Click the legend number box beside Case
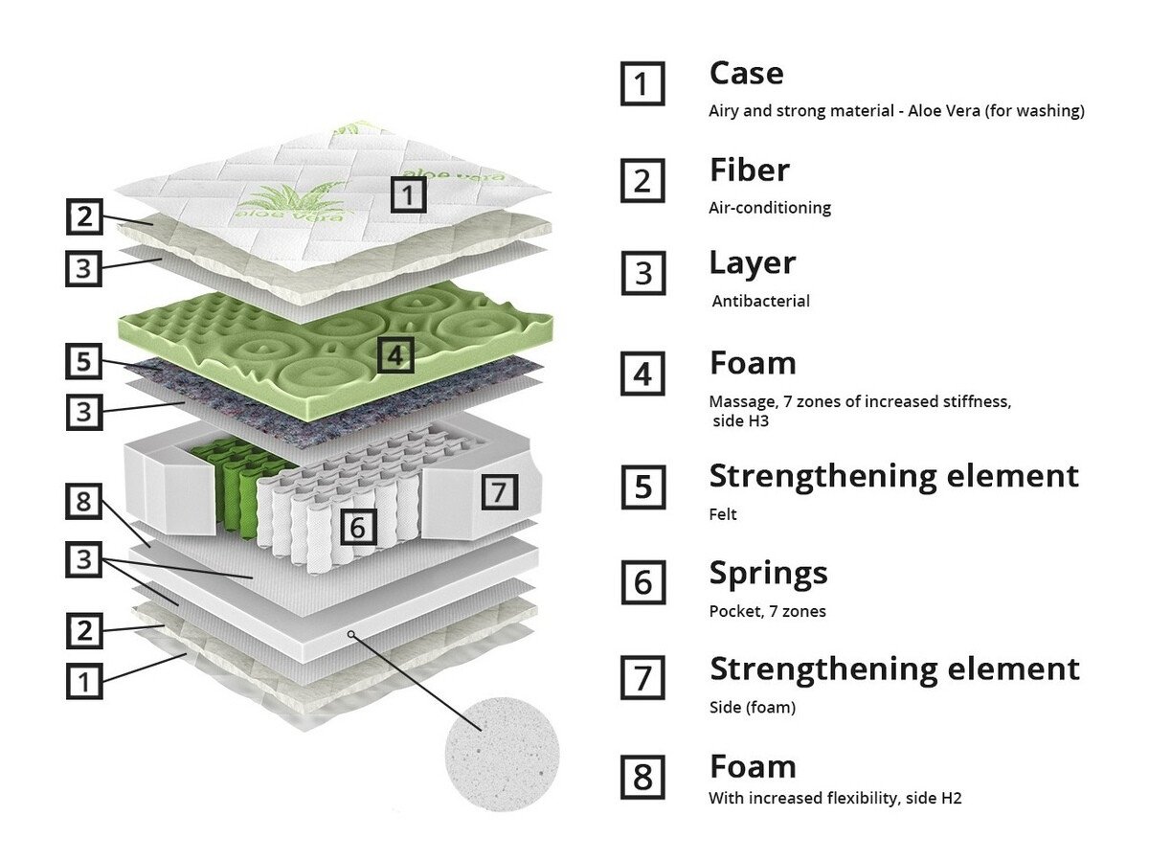(x=642, y=83)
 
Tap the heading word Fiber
(x=749, y=170)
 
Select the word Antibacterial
(x=761, y=301)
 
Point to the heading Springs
(x=768, y=573)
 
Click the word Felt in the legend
(x=723, y=514)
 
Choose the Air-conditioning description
(x=770, y=207)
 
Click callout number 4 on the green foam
(x=396, y=356)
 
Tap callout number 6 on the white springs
(x=356, y=526)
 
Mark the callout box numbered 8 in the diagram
(x=84, y=503)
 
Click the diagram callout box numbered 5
(x=84, y=362)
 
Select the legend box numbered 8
(x=642, y=777)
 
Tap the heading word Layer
(x=752, y=263)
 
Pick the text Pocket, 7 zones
(x=767, y=611)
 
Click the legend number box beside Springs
(x=642, y=582)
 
